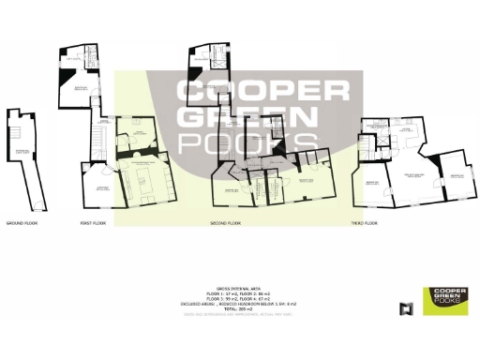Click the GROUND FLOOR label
[21, 224]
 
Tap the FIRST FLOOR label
[92, 224]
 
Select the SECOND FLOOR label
[225, 224]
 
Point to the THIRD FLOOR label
[364, 224]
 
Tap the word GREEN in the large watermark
[247, 118]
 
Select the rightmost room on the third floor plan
[456, 179]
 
